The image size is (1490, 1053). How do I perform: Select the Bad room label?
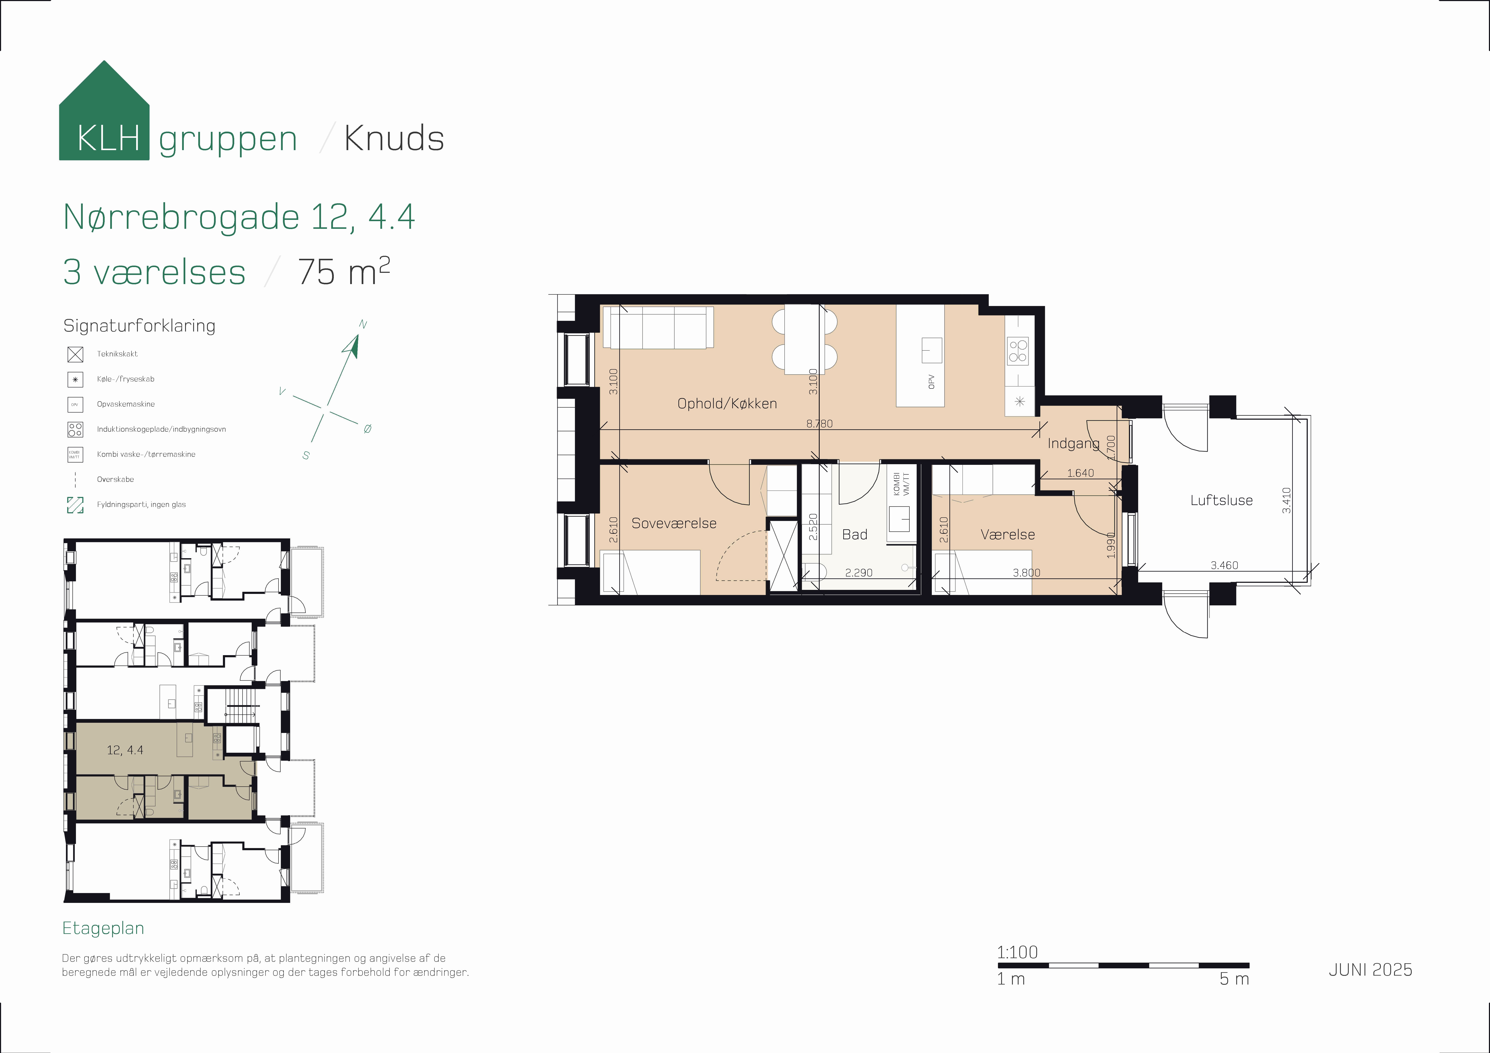tap(855, 535)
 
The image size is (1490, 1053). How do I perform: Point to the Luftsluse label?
tap(1221, 500)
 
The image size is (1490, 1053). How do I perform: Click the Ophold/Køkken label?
tap(727, 404)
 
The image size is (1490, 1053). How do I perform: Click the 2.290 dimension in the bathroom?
tap(859, 573)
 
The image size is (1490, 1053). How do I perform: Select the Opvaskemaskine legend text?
tap(126, 404)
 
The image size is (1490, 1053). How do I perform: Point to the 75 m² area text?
tap(344, 271)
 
